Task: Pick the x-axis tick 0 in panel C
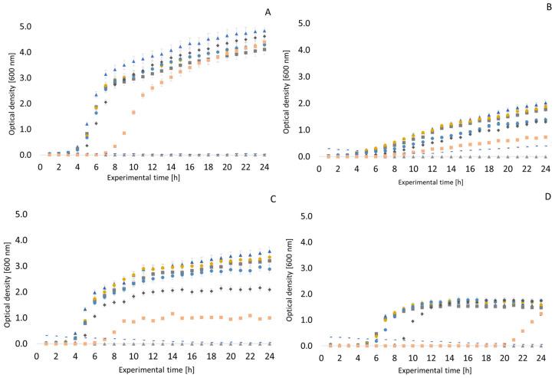coord(38,357)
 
